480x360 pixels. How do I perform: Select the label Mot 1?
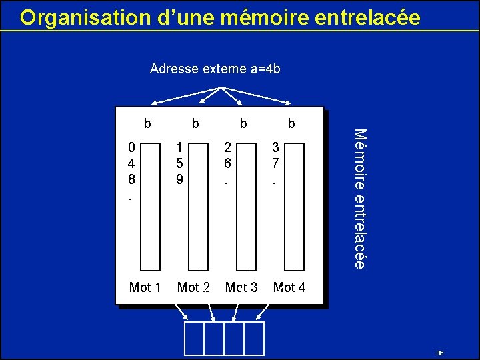point(145,287)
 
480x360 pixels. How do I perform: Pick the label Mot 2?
point(193,287)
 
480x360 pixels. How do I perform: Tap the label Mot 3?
point(241,287)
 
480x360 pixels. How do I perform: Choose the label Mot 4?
point(289,287)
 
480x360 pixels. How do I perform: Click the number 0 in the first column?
point(132,147)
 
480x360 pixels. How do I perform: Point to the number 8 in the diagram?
point(132,179)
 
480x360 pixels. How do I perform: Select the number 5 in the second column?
point(179,163)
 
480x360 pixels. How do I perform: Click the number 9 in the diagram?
point(179,179)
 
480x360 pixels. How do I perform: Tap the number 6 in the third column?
point(227,163)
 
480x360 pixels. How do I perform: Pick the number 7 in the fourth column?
point(275,163)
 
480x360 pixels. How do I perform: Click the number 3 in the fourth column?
point(275,147)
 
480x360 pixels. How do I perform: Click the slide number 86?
point(440,353)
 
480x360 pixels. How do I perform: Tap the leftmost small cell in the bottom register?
point(194,338)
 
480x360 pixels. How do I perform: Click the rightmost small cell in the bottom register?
point(254,338)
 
